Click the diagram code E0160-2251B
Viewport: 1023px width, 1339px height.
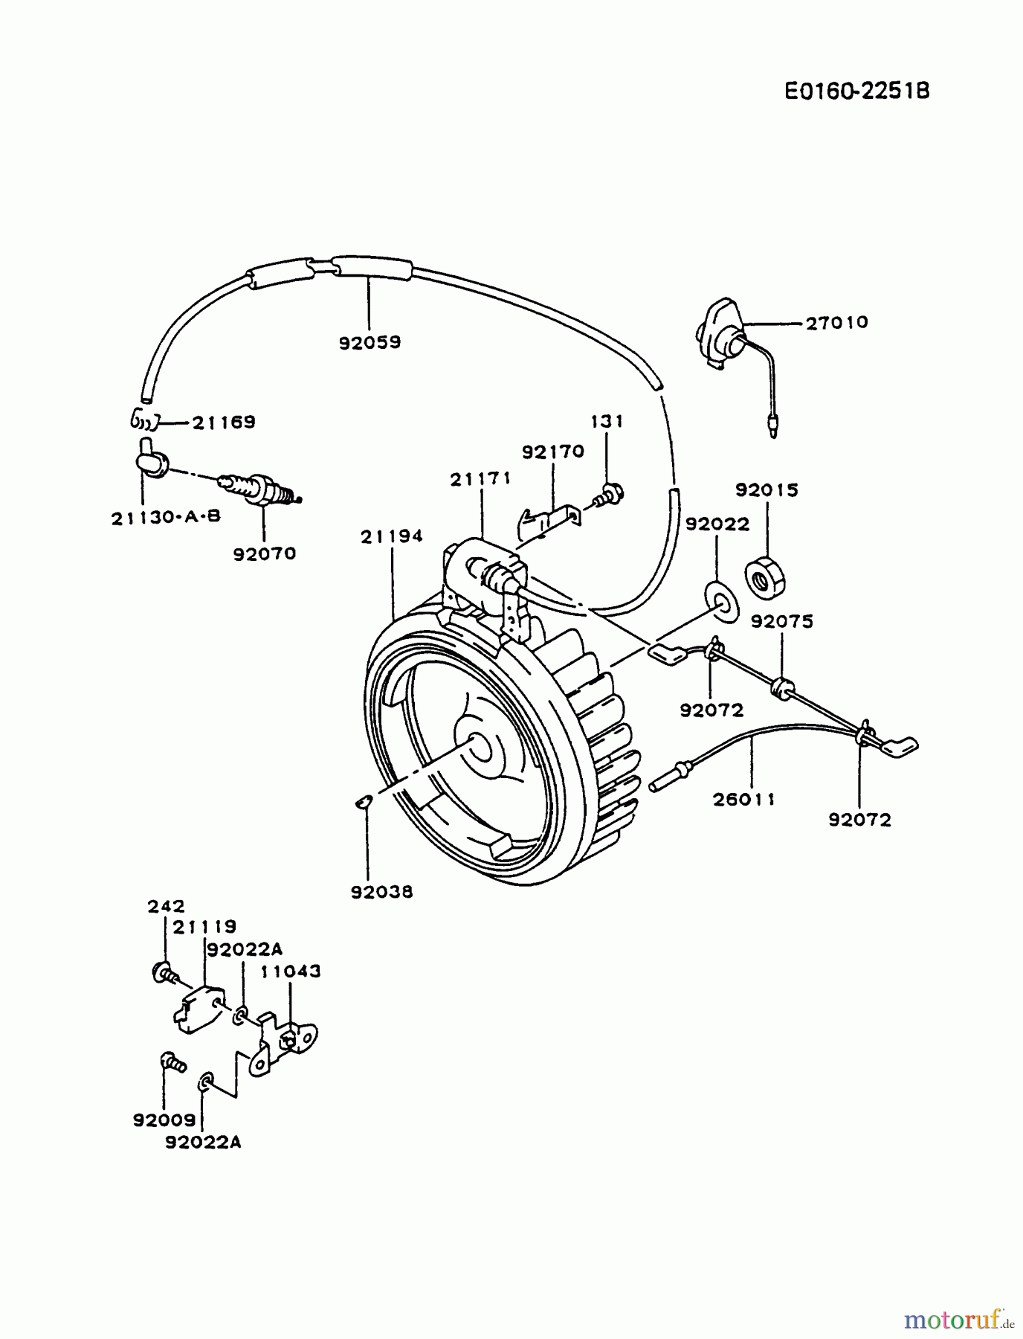856,91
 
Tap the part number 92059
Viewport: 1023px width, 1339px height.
369,342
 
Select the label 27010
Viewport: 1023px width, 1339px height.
836,322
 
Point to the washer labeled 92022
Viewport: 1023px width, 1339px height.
722,600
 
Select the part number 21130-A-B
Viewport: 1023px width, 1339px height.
166,517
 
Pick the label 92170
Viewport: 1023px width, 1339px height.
552,452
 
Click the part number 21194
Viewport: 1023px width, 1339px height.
392,536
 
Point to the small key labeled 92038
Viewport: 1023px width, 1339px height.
362,801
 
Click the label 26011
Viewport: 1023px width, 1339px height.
743,799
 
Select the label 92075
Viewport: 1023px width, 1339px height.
781,621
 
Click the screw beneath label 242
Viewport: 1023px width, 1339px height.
163,972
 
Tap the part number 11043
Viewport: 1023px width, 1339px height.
290,971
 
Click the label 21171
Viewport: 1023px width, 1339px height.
480,480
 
